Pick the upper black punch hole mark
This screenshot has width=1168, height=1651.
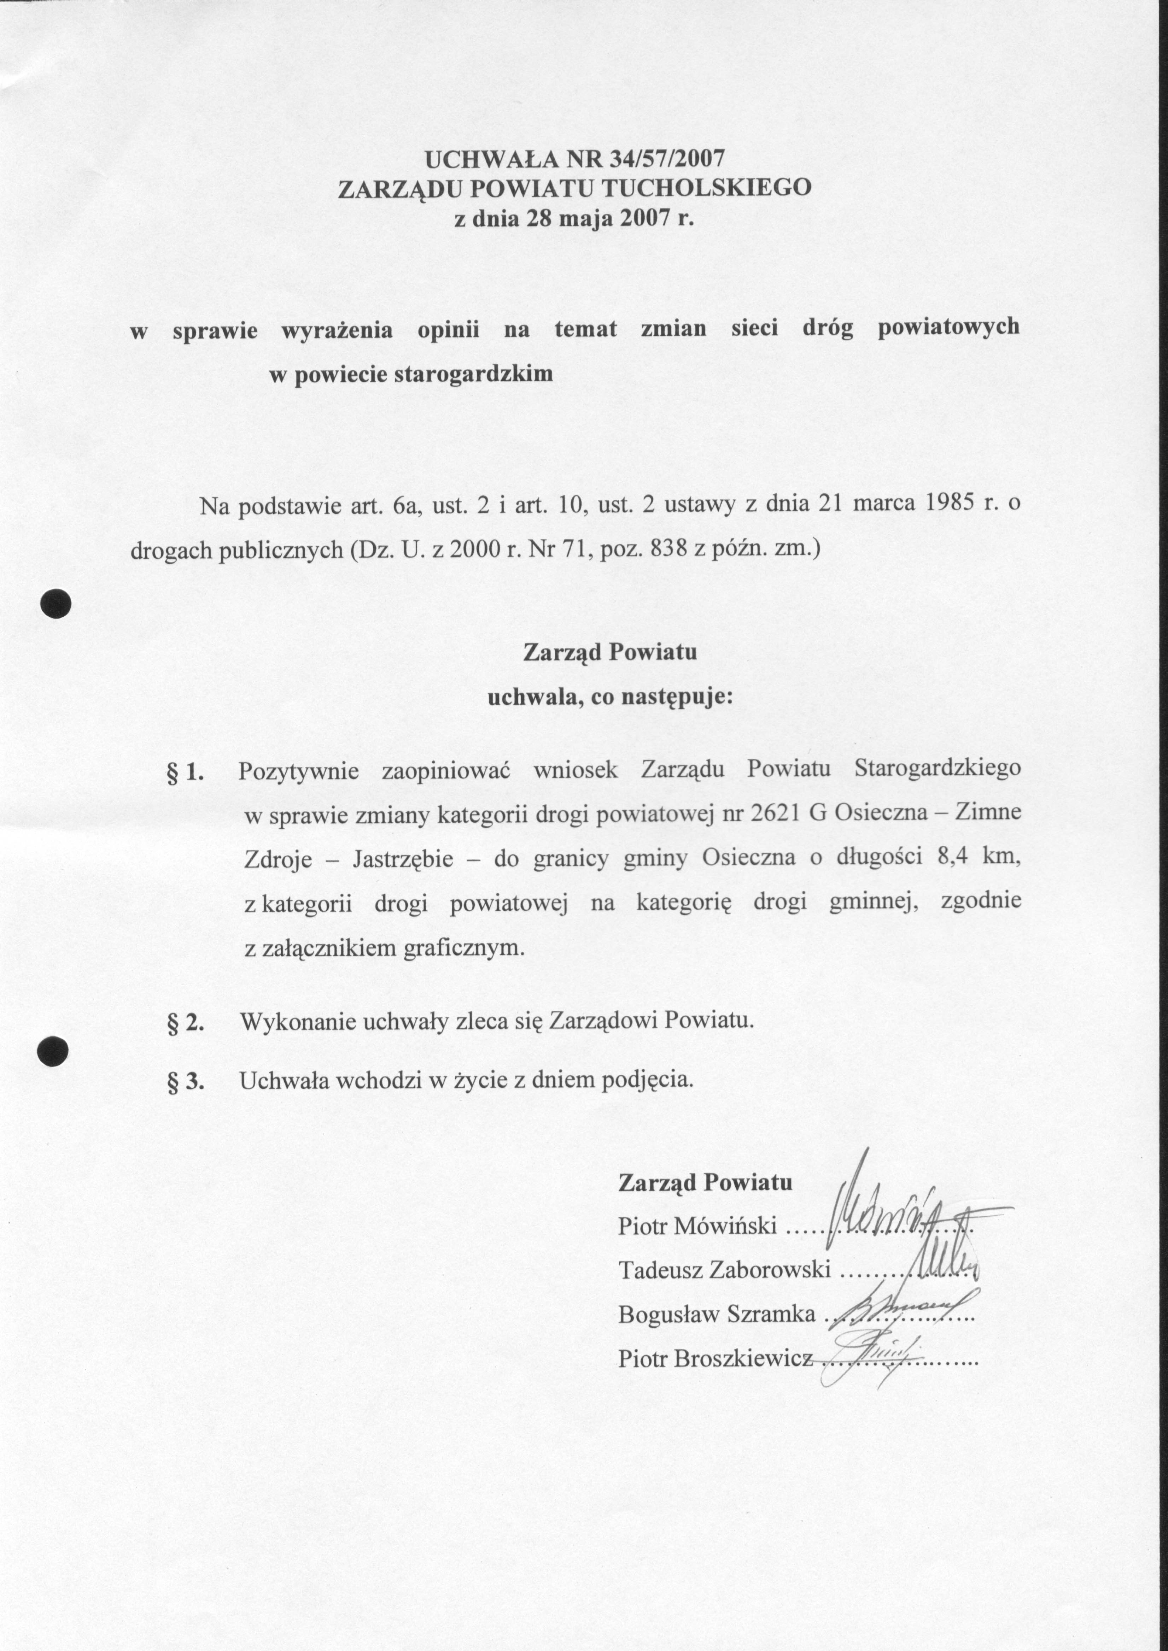coord(56,603)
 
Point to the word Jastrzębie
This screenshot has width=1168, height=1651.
coord(403,859)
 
